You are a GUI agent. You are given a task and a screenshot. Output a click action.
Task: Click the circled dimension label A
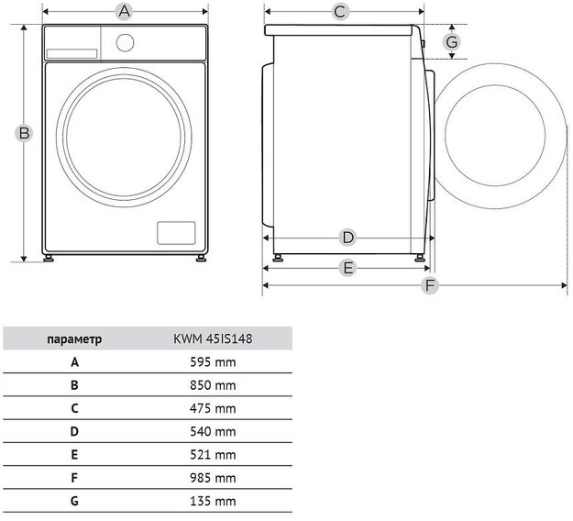coord(125,11)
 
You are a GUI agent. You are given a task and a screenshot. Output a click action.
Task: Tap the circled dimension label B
coord(24,133)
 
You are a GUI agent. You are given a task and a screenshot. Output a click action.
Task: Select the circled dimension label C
coord(340,12)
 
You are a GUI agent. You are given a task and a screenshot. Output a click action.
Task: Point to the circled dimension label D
coord(347,238)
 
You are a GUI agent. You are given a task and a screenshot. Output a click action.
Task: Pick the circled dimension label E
coord(347,268)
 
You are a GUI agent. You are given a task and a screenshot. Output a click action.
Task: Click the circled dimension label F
coord(430,285)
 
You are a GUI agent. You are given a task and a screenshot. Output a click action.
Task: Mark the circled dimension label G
coord(452,42)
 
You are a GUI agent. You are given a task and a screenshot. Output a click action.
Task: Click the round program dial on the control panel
coord(125,43)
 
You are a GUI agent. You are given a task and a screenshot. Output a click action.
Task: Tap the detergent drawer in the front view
coord(72,54)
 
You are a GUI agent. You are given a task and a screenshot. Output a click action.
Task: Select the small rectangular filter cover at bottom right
coord(176,233)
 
